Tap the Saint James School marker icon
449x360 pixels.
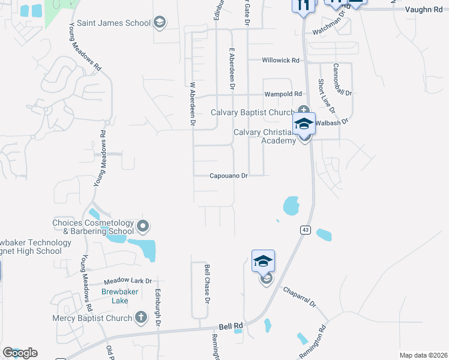tap(160, 23)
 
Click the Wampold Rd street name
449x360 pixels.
tap(283, 94)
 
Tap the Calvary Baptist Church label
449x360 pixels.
tap(253, 112)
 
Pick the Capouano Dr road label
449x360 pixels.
tap(229, 176)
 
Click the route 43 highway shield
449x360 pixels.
tap(304, 229)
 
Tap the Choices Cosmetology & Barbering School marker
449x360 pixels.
tap(143, 226)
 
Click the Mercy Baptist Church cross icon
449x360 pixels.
tap(141, 317)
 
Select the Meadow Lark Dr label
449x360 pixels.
tap(128, 280)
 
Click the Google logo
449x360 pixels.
tap(20, 353)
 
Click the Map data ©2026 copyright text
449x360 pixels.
tap(423, 355)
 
